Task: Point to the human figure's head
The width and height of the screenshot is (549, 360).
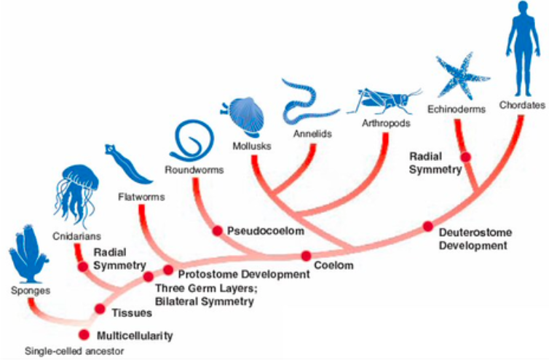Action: click(x=522, y=9)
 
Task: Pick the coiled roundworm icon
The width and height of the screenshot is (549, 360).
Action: click(x=192, y=140)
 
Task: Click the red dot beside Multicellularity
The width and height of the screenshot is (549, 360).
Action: click(x=84, y=334)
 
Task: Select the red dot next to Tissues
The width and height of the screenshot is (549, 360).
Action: click(x=100, y=309)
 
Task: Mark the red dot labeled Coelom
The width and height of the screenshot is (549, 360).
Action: click(x=307, y=256)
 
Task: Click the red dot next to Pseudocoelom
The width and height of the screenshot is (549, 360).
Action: click(x=218, y=231)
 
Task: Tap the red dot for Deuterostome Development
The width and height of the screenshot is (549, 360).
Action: click(x=428, y=227)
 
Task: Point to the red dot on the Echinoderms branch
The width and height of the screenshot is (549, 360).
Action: click(x=466, y=157)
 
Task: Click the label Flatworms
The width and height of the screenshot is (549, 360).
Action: click(x=141, y=197)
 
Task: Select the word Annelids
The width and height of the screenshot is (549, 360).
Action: click(x=312, y=133)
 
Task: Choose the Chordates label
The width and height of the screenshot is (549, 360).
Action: click(x=522, y=105)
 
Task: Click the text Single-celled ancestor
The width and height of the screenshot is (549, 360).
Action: click(x=74, y=351)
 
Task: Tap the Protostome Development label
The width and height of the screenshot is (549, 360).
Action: click(x=244, y=274)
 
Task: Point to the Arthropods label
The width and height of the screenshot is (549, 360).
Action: click(x=386, y=123)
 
